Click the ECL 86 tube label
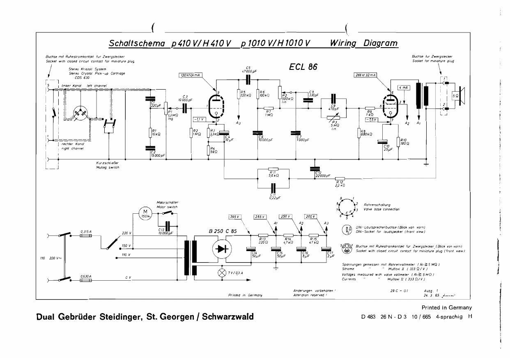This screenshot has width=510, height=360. (303, 67)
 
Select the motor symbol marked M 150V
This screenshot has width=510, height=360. (144, 215)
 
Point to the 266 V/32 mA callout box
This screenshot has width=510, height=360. (365, 75)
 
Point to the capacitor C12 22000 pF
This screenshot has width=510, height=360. (315, 168)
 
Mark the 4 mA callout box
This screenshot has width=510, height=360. (404, 88)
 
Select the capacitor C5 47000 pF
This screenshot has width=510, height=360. (248, 78)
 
